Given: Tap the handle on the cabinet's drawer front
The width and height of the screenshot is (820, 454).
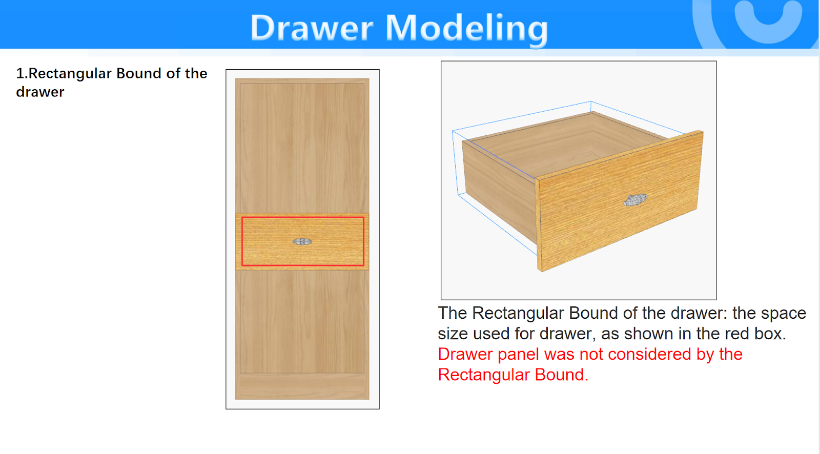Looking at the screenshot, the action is pos(302,241).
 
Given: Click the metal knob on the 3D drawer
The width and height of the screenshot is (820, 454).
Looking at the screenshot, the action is pos(635,200).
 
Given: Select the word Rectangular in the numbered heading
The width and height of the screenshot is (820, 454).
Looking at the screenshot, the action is pos(70,74).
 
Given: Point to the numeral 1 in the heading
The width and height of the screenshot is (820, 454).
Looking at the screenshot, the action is pos(20,74).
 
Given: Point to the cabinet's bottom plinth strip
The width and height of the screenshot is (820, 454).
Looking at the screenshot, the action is pos(302,386).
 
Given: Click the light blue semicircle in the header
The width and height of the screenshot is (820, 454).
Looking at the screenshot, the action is pos(768,23).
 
